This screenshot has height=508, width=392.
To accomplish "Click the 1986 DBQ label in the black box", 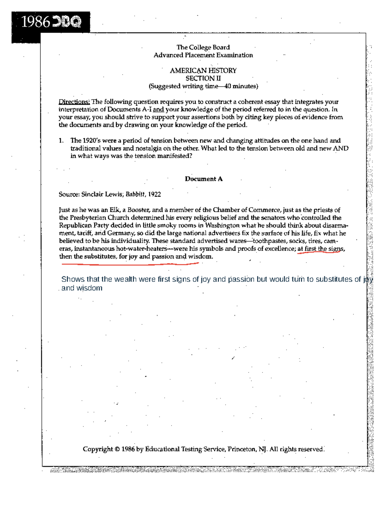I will (x=51, y=22).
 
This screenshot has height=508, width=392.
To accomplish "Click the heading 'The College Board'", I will (x=203, y=47).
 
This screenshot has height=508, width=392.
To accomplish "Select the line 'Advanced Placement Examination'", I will (x=203, y=55).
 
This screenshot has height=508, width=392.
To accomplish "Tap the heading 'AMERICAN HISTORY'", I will (x=203, y=71).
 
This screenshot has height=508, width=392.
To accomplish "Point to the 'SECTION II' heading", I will (x=203, y=78).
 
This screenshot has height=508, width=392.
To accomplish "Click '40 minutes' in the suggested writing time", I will (x=240, y=86).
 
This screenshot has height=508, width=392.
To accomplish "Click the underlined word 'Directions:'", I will (x=74, y=102).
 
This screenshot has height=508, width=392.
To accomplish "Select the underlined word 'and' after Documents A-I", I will (x=158, y=109).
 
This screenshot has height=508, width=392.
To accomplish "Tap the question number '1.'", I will (x=61, y=140).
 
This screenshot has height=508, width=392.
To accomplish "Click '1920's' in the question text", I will (x=91, y=140).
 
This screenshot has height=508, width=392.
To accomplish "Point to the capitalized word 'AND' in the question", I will (x=340, y=148).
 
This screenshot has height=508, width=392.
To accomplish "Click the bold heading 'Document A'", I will (x=204, y=179).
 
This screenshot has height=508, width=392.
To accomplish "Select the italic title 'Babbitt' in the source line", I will (x=135, y=194).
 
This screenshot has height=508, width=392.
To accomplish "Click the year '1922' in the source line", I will (x=155, y=194).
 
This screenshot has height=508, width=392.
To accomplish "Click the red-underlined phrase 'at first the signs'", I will (x=320, y=249).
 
